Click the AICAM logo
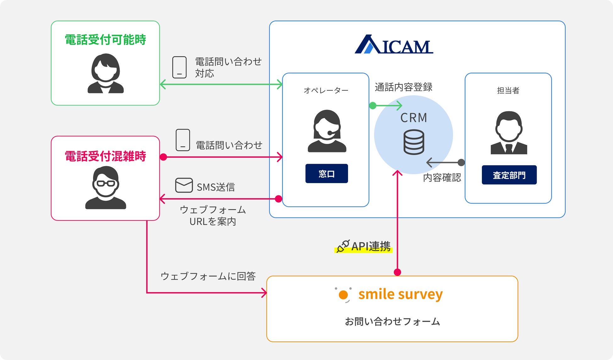[x=394, y=45]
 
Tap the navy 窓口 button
[x=327, y=173]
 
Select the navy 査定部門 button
[x=509, y=175]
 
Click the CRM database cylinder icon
[x=414, y=143]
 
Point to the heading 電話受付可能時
[x=105, y=40]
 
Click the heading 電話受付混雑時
[x=105, y=156]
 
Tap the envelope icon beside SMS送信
[x=184, y=185]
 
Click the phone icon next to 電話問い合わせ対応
[x=179, y=67]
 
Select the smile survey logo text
[x=400, y=294]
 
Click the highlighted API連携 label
[x=371, y=247]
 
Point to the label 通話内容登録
[x=403, y=87]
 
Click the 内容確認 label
[x=442, y=178]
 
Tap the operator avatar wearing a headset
[x=327, y=131]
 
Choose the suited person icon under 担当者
[x=509, y=133]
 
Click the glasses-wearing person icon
[x=106, y=188]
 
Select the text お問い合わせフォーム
[x=392, y=322]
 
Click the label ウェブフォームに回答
[x=208, y=276]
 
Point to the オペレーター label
[x=326, y=90]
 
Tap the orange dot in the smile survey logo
[x=343, y=295]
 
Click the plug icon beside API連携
[x=343, y=246]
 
